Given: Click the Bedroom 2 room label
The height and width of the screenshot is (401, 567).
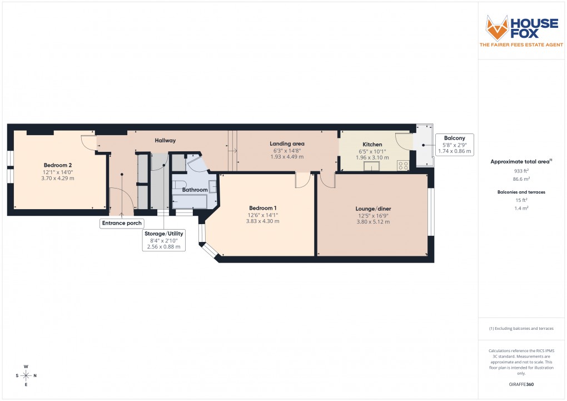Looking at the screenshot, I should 58,165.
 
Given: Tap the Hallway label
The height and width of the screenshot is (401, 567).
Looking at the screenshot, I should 165,141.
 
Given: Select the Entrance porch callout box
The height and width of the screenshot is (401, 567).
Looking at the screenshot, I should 121,224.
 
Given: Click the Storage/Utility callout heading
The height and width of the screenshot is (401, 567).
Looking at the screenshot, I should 163,234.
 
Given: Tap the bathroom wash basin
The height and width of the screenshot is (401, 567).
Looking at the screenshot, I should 213,186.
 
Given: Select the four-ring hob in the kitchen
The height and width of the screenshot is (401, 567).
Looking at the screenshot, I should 402,165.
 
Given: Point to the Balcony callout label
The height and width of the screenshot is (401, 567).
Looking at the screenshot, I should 454,138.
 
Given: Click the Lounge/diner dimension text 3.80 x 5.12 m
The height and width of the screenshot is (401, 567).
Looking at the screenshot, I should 372,222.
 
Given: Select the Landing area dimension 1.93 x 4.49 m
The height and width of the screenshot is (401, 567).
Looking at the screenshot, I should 287,157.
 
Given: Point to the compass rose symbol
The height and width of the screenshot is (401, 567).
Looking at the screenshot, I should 26,375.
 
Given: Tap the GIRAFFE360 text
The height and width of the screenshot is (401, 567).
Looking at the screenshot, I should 520,384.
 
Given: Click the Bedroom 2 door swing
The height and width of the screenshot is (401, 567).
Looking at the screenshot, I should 88,141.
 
